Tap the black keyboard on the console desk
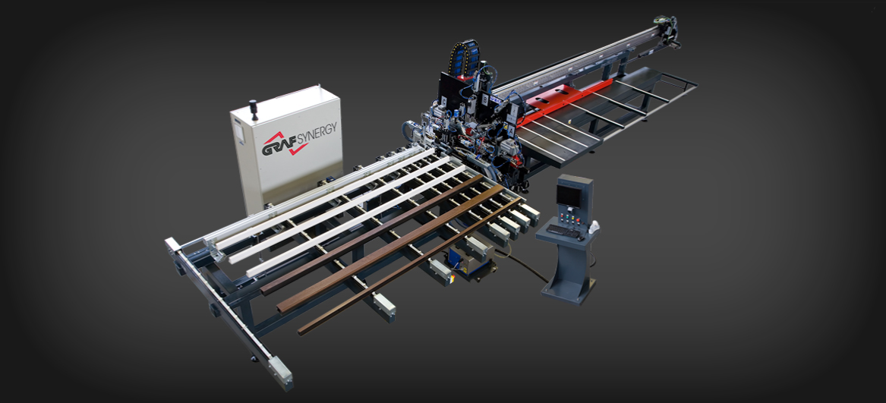563,228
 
